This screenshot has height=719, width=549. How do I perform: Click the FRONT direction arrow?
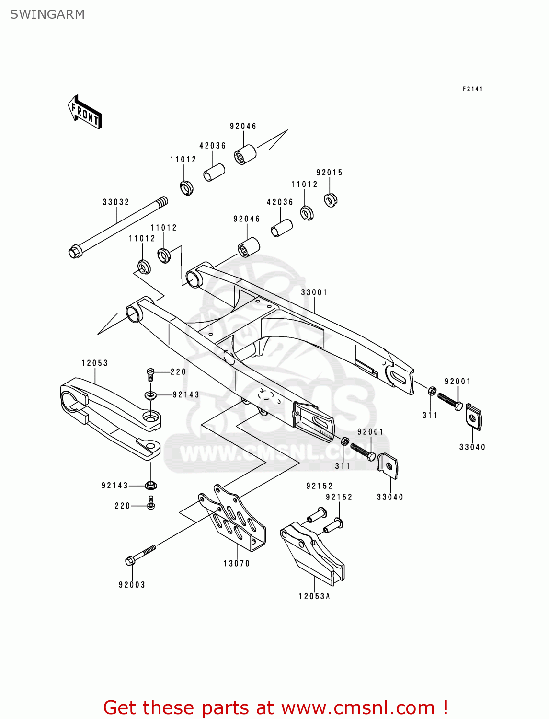tap(85, 112)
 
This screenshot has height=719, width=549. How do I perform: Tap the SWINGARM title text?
tap(47, 14)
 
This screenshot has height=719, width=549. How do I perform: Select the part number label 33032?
tap(116, 202)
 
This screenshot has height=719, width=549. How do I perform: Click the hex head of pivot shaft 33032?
tap(75, 251)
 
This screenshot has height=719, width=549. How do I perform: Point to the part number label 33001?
tap(314, 292)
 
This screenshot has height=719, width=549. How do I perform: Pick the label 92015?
tap(330, 173)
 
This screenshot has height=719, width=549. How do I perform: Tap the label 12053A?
tap(315, 596)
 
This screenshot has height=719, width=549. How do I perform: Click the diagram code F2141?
tap(472, 89)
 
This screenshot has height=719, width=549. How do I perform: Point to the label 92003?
tap(132, 585)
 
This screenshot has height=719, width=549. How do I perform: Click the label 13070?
tap(237, 564)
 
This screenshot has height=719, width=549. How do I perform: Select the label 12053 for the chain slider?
tap(95, 363)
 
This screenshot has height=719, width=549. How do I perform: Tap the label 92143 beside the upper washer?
tap(186, 395)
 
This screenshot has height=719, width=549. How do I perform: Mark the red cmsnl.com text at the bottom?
tap(275, 707)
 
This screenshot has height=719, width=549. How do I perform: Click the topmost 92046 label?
tap(243, 126)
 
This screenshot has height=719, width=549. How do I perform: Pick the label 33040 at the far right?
tap(472, 447)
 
